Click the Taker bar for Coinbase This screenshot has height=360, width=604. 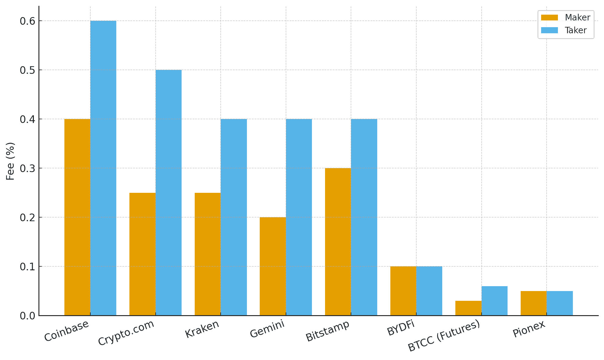[103, 168]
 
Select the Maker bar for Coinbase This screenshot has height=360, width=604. [77, 217]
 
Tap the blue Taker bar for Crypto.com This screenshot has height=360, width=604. [168, 193]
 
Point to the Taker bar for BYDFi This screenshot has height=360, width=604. [429, 291]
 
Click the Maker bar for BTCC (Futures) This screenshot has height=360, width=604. [468, 308]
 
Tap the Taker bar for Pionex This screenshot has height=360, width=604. [559, 303]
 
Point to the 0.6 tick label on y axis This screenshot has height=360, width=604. [27, 21]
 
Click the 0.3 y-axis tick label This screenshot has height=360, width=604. [27, 168]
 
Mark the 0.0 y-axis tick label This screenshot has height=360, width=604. [27, 316]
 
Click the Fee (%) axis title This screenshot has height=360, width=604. [10, 161]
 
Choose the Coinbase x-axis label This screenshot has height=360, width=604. [67, 331]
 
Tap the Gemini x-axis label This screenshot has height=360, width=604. [267, 329]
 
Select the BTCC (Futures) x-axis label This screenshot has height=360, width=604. [444, 336]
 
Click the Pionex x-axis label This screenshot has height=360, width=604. [529, 329]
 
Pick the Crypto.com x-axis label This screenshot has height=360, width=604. [126, 333]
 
